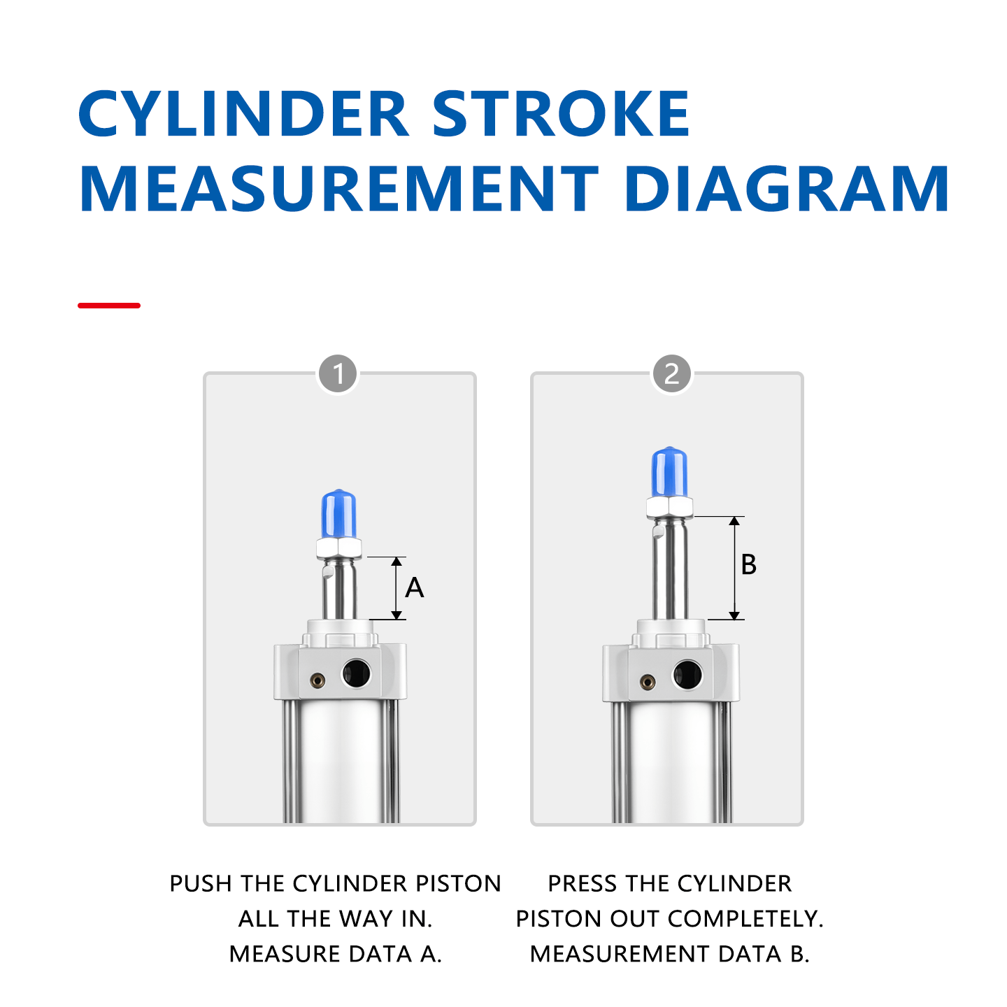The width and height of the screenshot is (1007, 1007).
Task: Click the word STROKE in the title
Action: pos(560,114)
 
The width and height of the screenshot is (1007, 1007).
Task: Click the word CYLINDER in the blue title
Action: pos(243,114)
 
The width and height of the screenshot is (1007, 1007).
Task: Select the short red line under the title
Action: pos(109,306)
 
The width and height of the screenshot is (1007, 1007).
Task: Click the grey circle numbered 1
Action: pos(338,374)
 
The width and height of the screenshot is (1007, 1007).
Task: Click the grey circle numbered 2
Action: pos(671,374)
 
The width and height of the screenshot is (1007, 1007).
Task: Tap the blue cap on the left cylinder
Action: pos(339,514)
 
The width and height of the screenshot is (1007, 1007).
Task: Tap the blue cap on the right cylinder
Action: pos(669,472)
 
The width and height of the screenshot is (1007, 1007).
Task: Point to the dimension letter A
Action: pos(415,588)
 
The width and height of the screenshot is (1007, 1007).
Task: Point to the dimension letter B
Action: pos(748,565)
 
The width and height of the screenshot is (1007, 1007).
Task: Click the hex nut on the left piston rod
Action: pos(339,548)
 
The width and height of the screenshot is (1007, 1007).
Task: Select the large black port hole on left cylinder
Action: pos(356,673)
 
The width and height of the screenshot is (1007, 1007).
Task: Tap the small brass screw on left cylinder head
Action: pos(318,679)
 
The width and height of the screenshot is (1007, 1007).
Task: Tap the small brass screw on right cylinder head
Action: pos(648,680)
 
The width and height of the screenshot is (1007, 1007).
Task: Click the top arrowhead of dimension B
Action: pos(734,522)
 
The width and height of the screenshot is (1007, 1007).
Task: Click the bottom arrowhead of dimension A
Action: pos(397,615)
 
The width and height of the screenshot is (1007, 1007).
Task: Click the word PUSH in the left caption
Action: pos(201,884)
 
